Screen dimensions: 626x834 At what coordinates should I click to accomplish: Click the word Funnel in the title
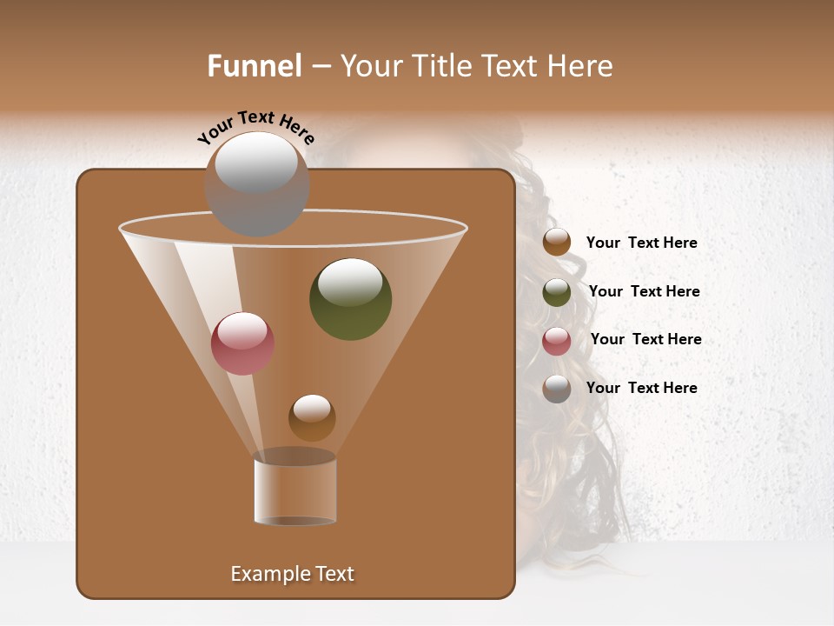pyautogui.click(x=254, y=65)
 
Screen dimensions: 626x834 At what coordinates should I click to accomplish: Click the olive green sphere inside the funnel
pyautogui.click(x=350, y=300)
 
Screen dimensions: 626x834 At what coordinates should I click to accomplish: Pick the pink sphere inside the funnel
pyautogui.click(x=242, y=343)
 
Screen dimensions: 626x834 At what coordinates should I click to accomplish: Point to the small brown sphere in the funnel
pyautogui.click(x=312, y=418)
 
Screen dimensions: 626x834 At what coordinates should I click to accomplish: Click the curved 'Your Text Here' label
pyautogui.click(x=255, y=127)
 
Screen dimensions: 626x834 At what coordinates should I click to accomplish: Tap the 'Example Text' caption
pyautogui.click(x=292, y=574)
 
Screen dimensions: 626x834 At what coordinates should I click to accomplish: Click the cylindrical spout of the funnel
pyautogui.click(x=295, y=491)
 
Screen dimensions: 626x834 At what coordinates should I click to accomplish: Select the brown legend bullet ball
pyautogui.click(x=557, y=243)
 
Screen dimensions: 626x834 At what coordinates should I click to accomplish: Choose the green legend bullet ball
pyautogui.click(x=557, y=292)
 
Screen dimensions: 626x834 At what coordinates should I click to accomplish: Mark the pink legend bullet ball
pyautogui.click(x=557, y=341)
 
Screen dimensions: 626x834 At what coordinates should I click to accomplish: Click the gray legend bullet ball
pyautogui.click(x=557, y=389)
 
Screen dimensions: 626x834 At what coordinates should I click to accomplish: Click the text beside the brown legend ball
pyautogui.click(x=641, y=243)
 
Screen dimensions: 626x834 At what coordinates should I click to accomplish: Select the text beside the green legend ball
pyautogui.click(x=644, y=291)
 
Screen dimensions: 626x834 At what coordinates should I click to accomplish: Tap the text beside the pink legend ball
pyautogui.click(x=645, y=339)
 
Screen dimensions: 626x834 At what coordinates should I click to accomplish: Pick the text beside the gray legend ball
pyautogui.click(x=641, y=388)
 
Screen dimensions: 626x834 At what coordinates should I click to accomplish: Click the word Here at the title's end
pyautogui.click(x=582, y=65)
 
